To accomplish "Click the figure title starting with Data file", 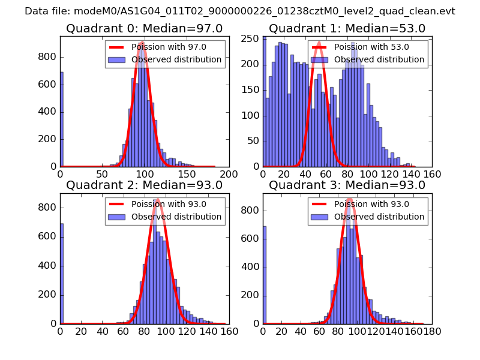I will (240, 11).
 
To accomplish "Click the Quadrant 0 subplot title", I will (145, 29).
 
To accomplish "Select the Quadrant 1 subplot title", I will (347, 29).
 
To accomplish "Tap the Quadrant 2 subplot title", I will (145, 185).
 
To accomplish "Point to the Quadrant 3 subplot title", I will (347, 185).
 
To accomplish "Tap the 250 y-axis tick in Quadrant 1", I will (253, 38).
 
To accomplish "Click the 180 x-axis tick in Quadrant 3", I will (432, 331).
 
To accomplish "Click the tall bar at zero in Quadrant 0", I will (61, 120).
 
